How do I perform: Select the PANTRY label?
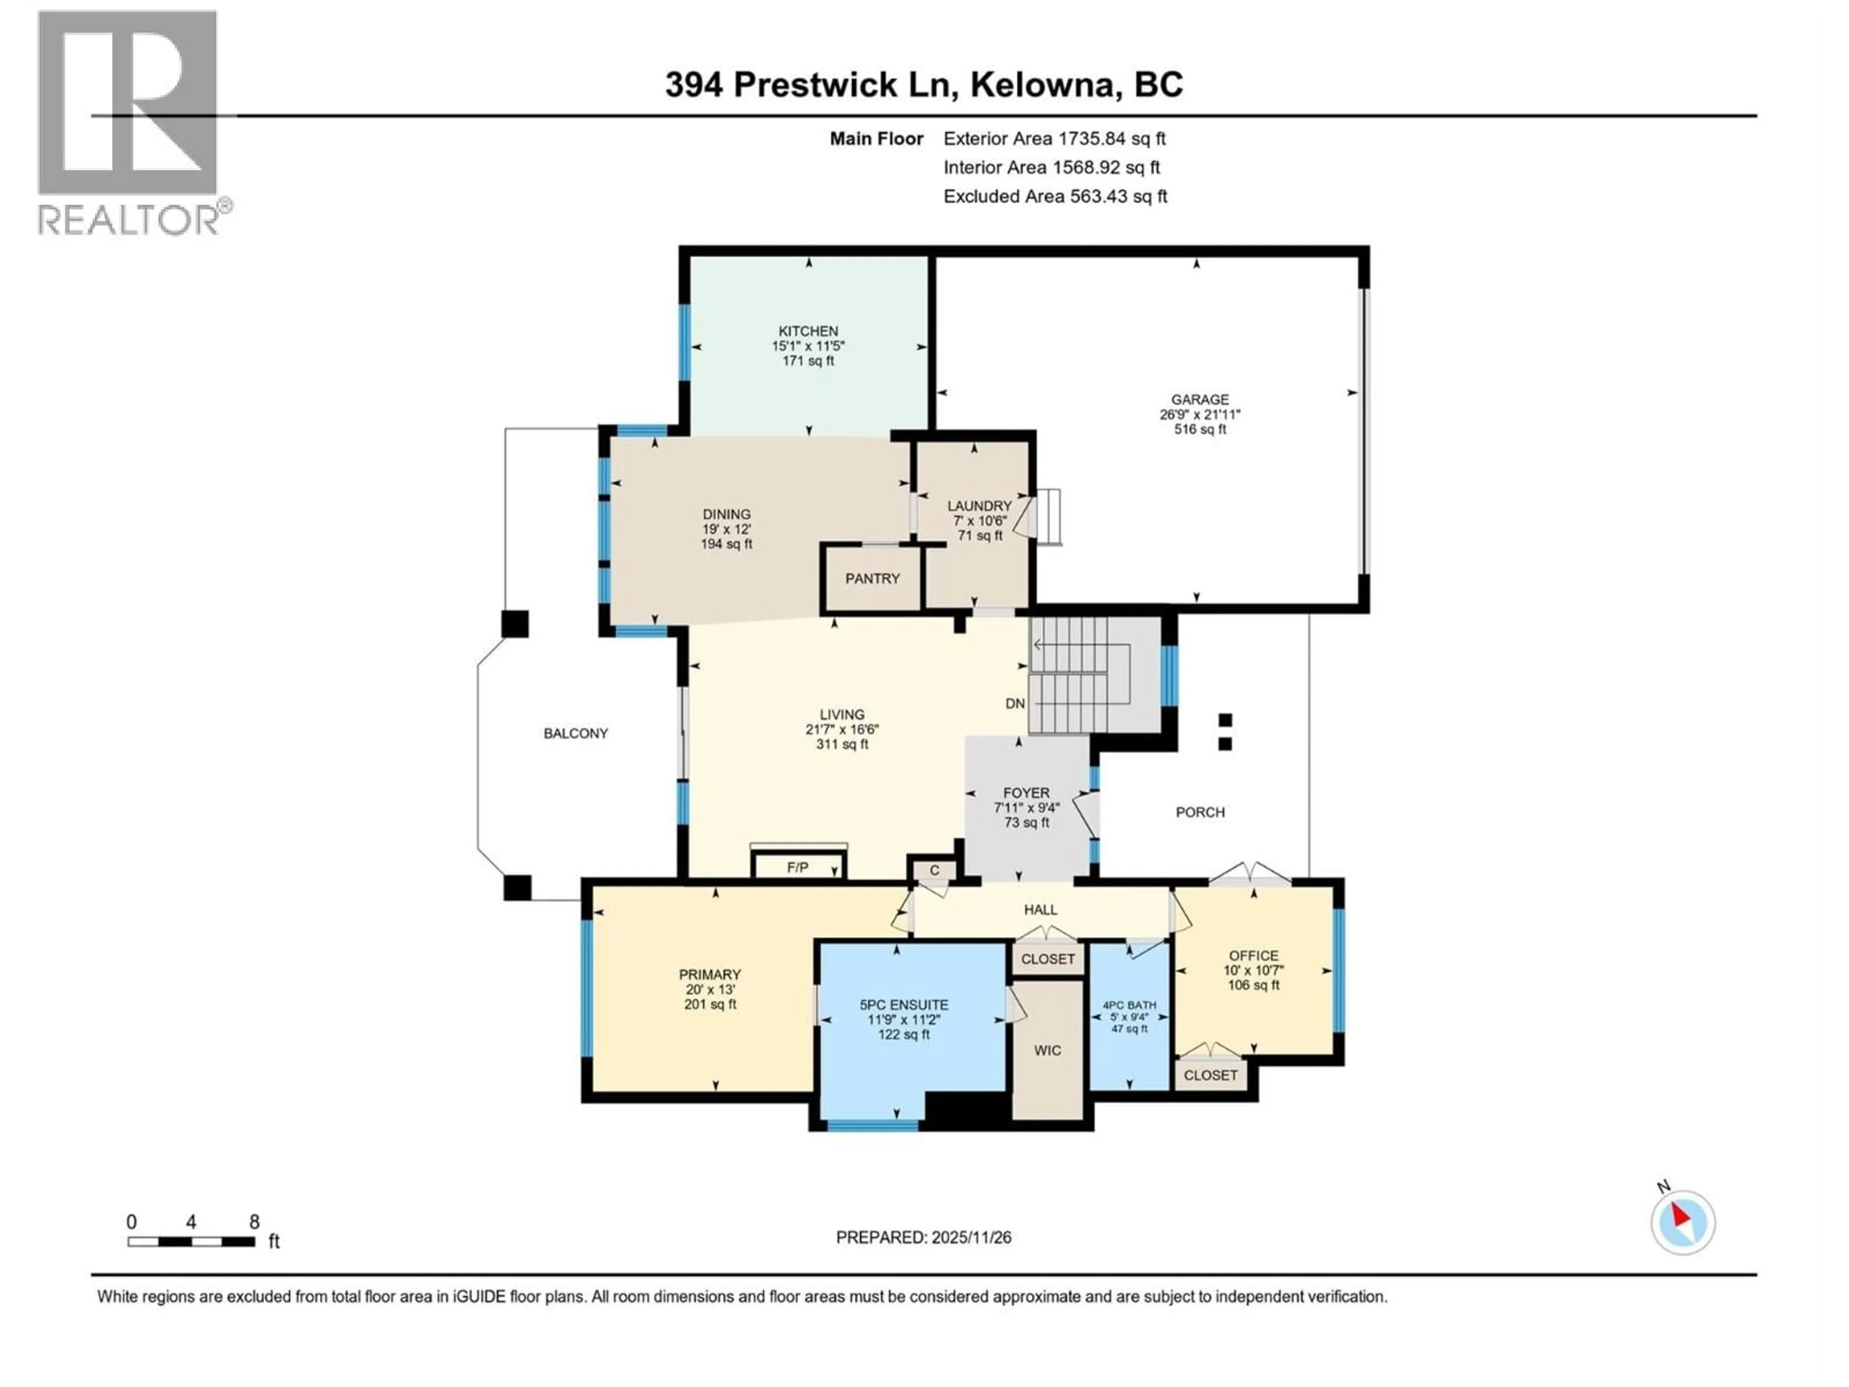[872, 578]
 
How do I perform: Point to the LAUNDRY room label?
[979, 506]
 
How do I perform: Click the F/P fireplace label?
[797, 868]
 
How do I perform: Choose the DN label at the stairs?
[1015, 704]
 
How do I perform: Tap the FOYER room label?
[1027, 793]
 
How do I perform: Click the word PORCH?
[1199, 812]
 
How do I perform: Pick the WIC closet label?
[1047, 1050]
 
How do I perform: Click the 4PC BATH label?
[1129, 1006]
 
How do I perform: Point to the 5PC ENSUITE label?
[904, 1005]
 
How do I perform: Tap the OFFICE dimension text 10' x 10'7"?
[1253, 970]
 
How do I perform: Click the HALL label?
[1041, 910]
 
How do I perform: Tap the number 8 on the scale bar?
[254, 1222]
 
